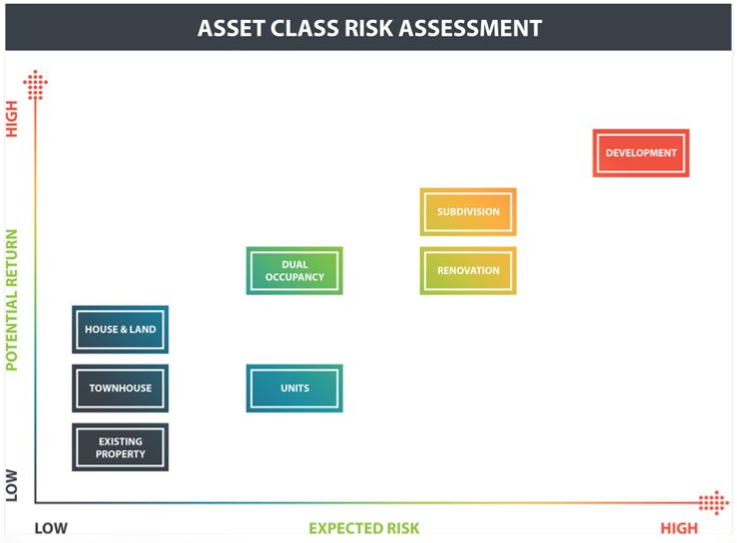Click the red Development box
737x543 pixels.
[640, 153]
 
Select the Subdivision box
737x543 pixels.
[468, 211]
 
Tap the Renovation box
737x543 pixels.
[468, 271]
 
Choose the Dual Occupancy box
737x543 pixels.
[295, 271]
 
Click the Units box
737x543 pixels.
[295, 389]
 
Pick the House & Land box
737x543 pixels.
[121, 329]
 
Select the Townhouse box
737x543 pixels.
[121, 389]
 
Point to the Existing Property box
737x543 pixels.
[121, 447]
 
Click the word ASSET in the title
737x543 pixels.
[231, 28]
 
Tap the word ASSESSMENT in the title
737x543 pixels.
[470, 28]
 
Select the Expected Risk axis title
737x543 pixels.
[364, 528]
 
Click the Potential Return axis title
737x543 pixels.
[12, 300]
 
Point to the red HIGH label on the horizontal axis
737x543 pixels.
[678, 528]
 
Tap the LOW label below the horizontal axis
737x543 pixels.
[51, 528]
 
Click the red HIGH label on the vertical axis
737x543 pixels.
[12, 119]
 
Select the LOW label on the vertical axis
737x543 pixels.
[12, 485]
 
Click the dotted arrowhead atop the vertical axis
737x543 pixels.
[35, 85]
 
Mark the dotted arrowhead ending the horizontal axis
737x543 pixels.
[714, 502]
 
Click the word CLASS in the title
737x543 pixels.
[305, 28]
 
